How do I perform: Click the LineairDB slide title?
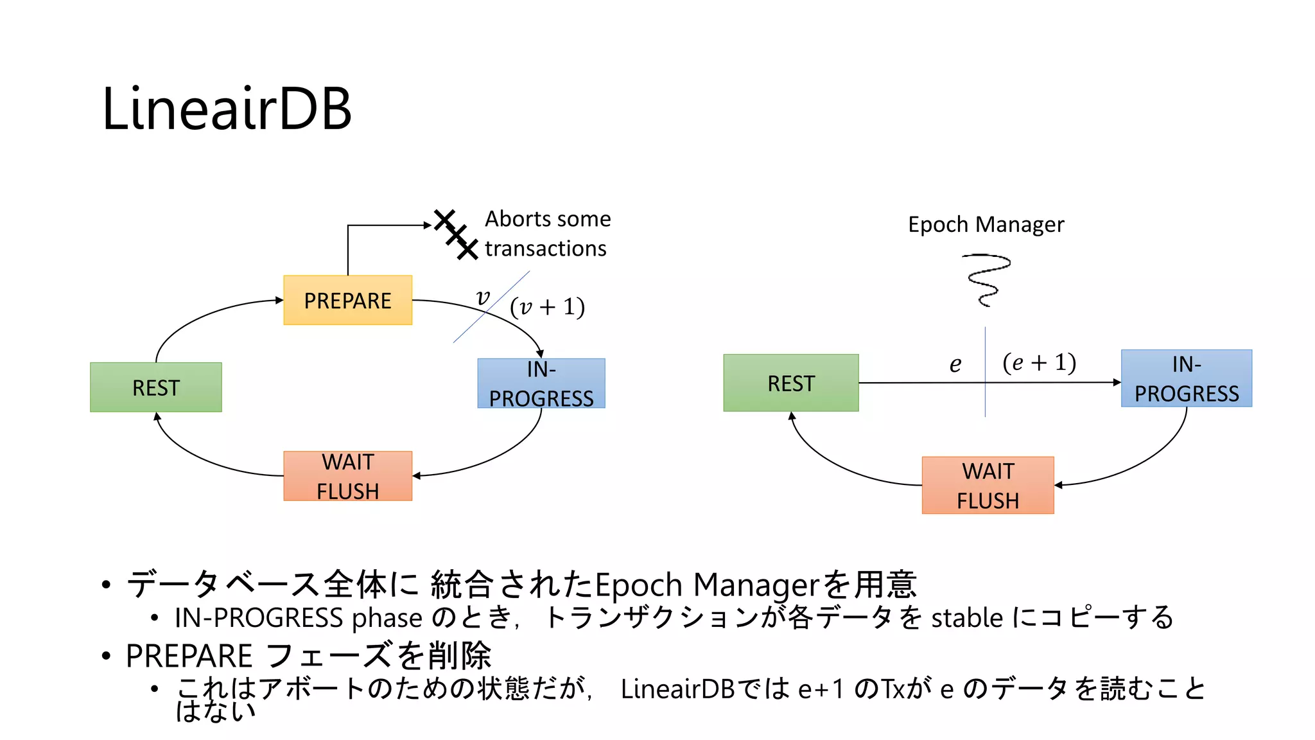click(227, 109)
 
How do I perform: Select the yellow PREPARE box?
click(347, 300)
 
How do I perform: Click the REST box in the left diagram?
click(156, 387)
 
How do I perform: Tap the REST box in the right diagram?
click(790, 383)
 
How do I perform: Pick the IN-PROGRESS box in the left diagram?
click(541, 383)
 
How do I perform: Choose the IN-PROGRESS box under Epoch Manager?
click(1186, 378)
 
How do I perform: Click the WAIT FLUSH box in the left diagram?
click(347, 476)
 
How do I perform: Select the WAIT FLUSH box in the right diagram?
click(988, 486)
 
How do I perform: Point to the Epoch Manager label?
click(986, 224)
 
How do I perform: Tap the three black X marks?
click(456, 234)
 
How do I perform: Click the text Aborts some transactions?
click(547, 233)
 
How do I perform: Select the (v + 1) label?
click(547, 307)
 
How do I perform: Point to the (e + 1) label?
click(1039, 363)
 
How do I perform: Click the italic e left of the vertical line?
click(955, 365)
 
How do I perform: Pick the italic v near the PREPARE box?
click(483, 297)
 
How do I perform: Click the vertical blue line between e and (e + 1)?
click(985, 398)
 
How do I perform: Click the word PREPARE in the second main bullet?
click(189, 656)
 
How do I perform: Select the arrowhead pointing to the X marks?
click(428, 225)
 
